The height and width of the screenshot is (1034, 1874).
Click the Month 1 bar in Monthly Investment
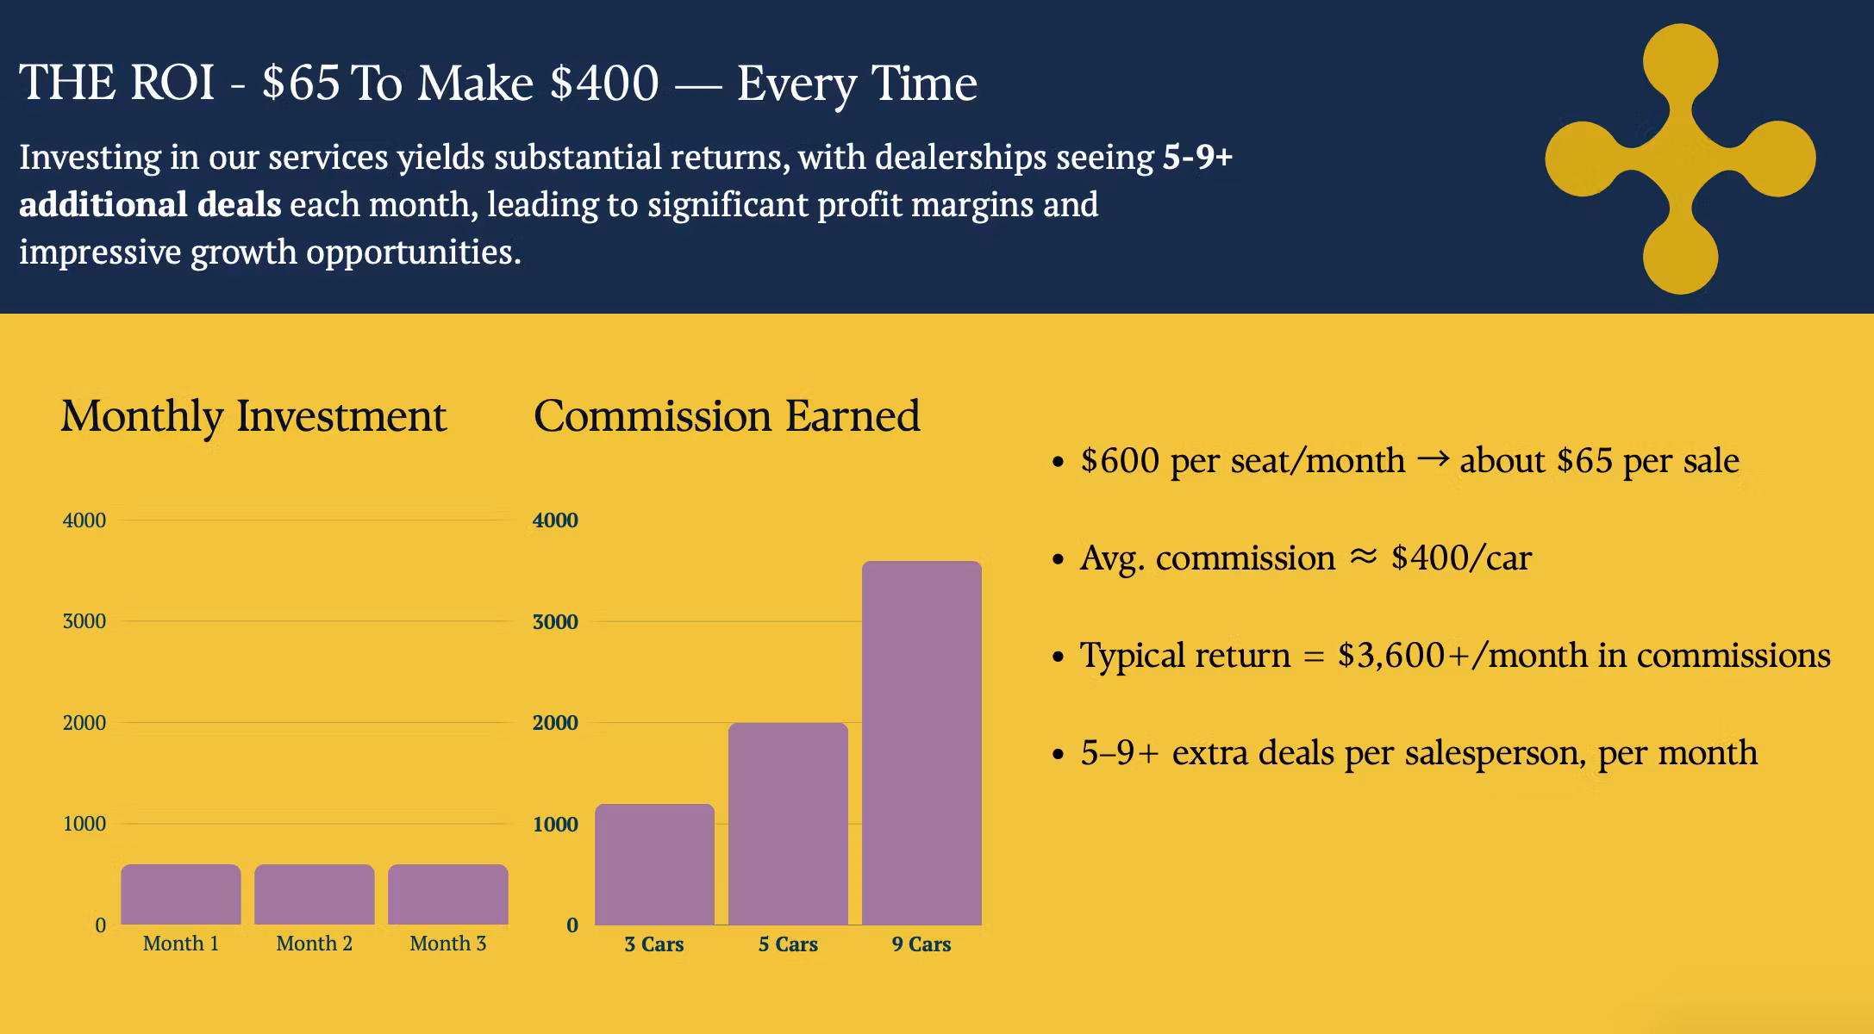point(181,894)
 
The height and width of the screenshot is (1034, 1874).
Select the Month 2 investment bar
point(315,894)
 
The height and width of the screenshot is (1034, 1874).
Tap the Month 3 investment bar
point(448,894)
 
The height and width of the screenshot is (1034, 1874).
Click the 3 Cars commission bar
point(654,864)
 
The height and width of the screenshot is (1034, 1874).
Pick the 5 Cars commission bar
point(788,824)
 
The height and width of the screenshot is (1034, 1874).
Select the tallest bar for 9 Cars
point(921,743)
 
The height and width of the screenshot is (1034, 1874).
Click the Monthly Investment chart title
point(253,417)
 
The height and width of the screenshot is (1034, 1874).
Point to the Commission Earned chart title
point(727,415)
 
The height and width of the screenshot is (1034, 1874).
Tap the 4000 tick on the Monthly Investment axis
point(84,520)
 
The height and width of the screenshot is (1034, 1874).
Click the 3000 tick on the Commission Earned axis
point(555,622)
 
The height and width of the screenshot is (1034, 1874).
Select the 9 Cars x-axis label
point(921,944)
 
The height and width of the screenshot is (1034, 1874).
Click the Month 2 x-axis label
point(315,944)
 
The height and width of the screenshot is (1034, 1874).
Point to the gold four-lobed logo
point(1680,159)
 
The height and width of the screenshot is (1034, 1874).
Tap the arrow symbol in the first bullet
point(1433,459)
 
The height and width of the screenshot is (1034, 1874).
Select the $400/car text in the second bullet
point(1461,558)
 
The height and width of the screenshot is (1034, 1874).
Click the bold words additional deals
point(150,205)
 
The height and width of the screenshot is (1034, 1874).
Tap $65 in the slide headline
point(301,84)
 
